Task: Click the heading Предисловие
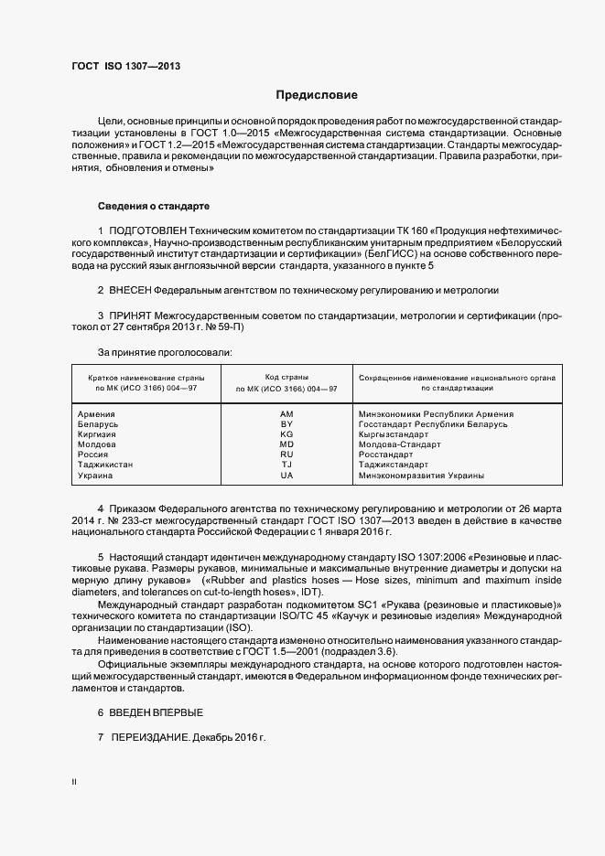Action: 317,95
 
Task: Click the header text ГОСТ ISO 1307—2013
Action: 125,66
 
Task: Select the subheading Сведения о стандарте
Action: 154,206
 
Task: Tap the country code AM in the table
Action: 286,414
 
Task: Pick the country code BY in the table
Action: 286,424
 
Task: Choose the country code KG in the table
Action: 286,434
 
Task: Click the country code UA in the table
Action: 286,476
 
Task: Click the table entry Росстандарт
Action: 387,455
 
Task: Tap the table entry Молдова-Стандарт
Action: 400,444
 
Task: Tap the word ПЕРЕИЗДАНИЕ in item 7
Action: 150,737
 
